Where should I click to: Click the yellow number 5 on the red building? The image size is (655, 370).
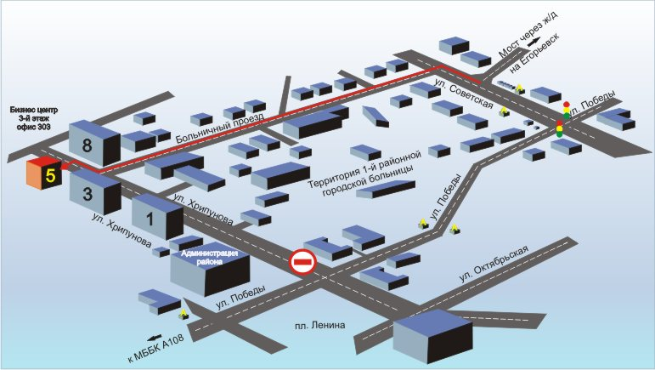coord(51,176)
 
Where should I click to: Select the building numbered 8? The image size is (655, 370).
coord(89,144)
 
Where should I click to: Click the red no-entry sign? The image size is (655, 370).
coord(302,262)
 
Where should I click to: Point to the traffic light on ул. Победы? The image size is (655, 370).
coord(562,119)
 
